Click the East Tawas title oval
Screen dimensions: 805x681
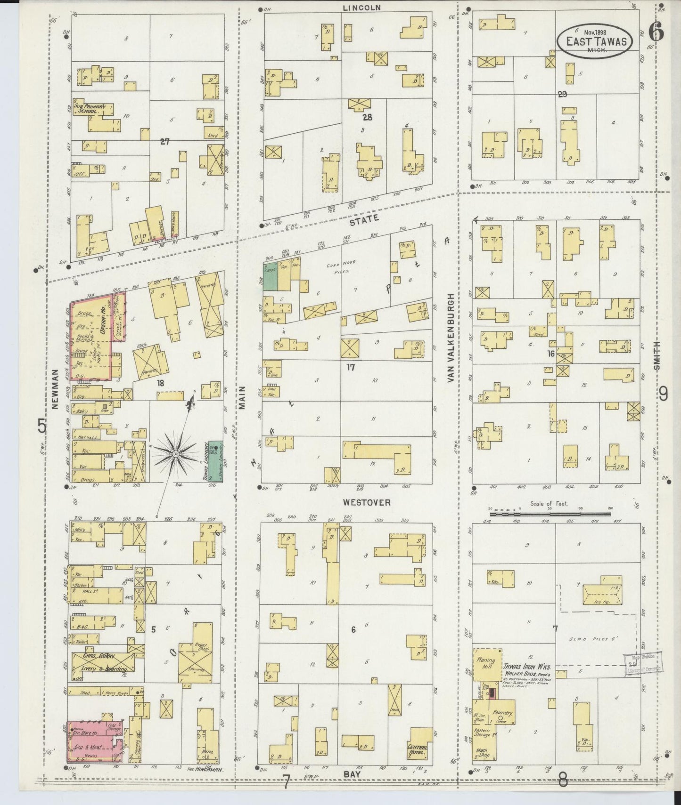pyautogui.click(x=595, y=41)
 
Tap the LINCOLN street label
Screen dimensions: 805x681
pyautogui.click(x=361, y=8)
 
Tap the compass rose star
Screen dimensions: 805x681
pyautogui.click(x=175, y=454)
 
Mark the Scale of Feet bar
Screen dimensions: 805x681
pyautogui.click(x=550, y=514)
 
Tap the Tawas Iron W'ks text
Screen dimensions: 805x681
pyautogui.click(x=526, y=667)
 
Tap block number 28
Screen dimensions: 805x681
pyautogui.click(x=367, y=117)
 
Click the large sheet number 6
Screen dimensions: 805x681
pyautogui.click(x=656, y=32)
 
